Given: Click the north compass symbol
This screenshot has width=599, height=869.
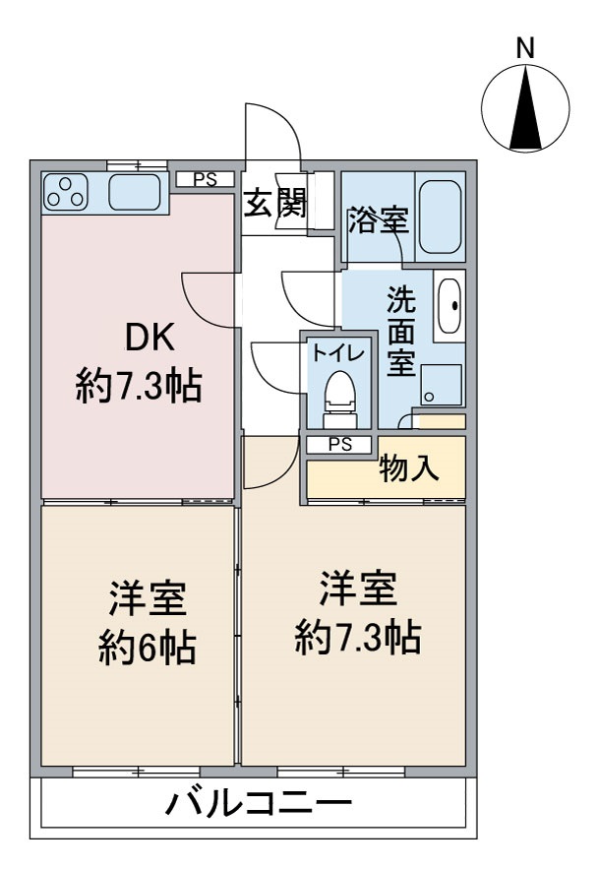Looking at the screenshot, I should (x=526, y=108).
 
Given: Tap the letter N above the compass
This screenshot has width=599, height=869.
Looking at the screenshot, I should (x=526, y=46).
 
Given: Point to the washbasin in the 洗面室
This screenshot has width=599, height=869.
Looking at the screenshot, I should (x=449, y=306).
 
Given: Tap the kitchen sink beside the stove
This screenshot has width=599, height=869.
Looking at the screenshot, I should (x=135, y=192).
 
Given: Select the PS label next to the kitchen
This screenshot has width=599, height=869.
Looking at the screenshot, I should (x=205, y=179).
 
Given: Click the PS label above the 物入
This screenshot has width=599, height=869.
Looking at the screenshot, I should (x=339, y=445).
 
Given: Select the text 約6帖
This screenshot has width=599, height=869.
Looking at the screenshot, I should (x=147, y=647).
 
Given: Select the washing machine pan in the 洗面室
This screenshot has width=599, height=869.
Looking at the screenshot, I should (x=441, y=385).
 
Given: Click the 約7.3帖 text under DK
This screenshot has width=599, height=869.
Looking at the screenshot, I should (x=140, y=386).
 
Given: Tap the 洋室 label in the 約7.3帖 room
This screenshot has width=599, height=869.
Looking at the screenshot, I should (x=357, y=590).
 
